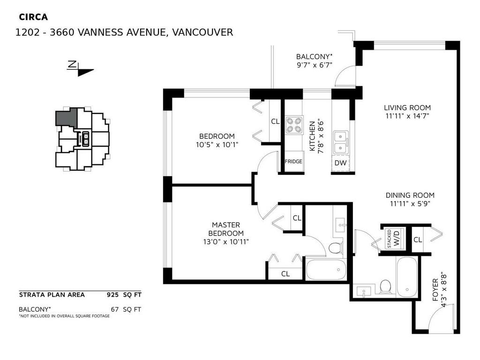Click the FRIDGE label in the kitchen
click(x=293, y=162)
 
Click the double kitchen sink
click(x=340, y=142)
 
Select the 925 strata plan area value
click(x=113, y=295)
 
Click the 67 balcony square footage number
click(x=115, y=309)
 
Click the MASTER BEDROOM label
click(x=226, y=229)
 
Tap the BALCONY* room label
click(x=314, y=57)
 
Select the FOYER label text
click(x=435, y=291)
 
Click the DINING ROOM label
click(x=410, y=195)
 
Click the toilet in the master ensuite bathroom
click(x=335, y=247)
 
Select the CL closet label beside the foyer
click(x=418, y=240)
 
